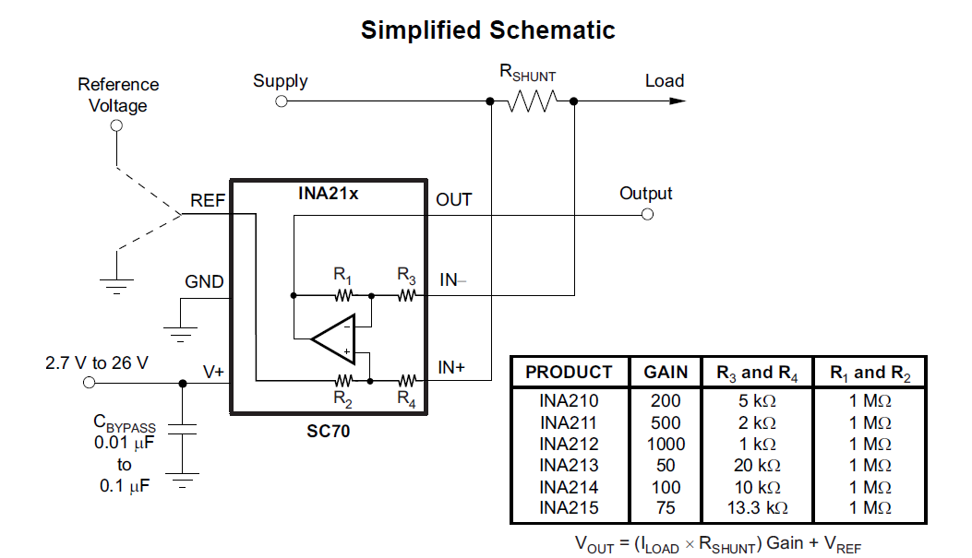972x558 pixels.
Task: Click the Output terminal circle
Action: [647, 214]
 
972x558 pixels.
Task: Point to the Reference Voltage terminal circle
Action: [117, 126]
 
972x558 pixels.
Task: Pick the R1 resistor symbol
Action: [343, 295]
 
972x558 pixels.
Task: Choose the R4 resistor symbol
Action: [407, 379]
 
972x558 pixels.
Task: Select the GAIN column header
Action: [666, 373]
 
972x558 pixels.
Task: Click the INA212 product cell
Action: [569, 444]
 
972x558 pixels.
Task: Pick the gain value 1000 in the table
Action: [666, 444]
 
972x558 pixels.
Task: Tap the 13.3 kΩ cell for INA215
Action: [757, 508]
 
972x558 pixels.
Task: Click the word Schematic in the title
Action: [553, 30]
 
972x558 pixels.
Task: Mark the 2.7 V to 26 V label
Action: [96, 362]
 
